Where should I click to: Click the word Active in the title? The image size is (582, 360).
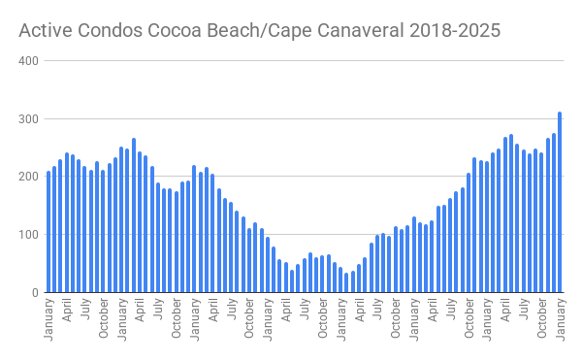coord(43,30)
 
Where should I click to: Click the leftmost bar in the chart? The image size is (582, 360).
coord(48,232)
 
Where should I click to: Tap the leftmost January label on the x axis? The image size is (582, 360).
coord(48,320)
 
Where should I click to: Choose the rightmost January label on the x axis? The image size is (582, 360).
coord(560,320)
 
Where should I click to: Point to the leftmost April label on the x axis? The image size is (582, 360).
coord(67,314)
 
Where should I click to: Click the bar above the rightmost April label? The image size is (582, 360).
coord(505,214)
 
